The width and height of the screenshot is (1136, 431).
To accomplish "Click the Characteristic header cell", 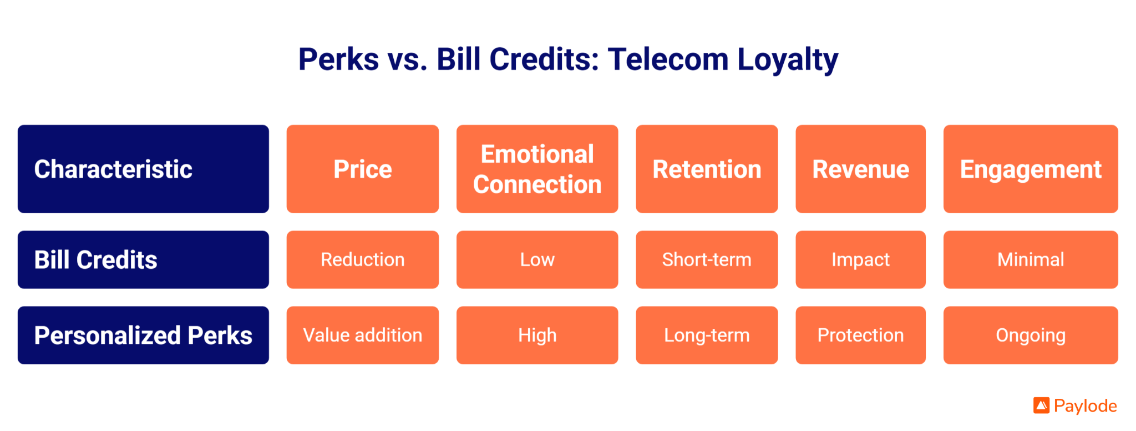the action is click(143, 169).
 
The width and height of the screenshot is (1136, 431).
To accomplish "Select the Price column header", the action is click(363, 169).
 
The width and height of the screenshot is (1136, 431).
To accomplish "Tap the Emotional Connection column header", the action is click(537, 169).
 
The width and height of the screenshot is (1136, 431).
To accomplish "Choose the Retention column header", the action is click(707, 169).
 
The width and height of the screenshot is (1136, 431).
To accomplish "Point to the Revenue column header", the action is click(860, 169).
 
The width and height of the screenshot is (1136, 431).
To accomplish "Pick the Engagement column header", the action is click(1031, 169).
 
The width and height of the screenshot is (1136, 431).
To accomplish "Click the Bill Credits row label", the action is click(143, 259).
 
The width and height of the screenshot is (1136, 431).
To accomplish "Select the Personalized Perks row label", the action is click(143, 335).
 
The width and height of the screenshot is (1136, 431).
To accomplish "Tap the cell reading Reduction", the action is click(363, 259).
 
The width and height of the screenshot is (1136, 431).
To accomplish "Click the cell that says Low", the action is click(537, 259).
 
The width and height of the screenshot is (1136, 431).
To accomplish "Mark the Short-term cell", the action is click(707, 259).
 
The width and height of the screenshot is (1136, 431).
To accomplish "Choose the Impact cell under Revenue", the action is click(860, 259).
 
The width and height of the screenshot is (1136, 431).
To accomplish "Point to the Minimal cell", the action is click(1031, 259).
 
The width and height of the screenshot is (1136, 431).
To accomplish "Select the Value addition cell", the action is click(363, 335).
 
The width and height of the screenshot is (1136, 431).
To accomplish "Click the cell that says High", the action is click(537, 335).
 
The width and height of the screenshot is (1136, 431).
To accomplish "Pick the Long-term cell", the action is click(707, 335).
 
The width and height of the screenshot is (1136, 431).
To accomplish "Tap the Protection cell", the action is click(860, 335).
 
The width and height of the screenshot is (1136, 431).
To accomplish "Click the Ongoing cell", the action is click(1031, 335).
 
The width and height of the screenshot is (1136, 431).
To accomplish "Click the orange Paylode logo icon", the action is click(1041, 405).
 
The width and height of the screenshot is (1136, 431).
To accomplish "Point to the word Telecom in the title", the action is click(668, 59).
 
